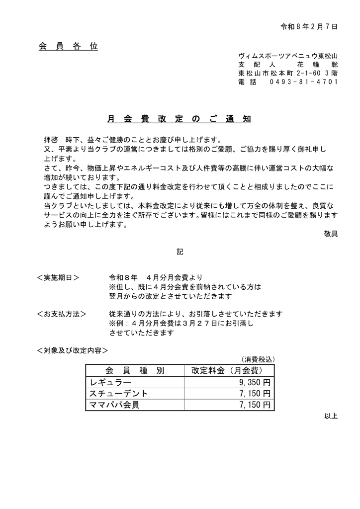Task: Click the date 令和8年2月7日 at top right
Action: pyautogui.click(x=309, y=26)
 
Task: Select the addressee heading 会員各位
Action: pyautogui.click(x=68, y=47)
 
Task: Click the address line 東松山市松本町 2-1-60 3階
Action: pyautogui.click(x=288, y=73)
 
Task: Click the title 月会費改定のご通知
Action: pyautogui.click(x=180, y=119)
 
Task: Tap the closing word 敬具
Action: pyautogui.click(x=331, y=234)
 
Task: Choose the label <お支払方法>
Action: pyautogui.click(x=62, y=314)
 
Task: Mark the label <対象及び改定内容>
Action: pyautogui.click(x=73, y=350)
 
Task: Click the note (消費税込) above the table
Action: pyautogui.click(x=258, y=359)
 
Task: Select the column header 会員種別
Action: pyautogui.click(x=135, y=371)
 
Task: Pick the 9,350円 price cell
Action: pyautogui.click(x=254, y=383)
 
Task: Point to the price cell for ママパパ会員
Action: pyautogui.click(x=254, y=405)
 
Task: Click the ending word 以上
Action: pyautogui.click(x=331, y=416)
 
